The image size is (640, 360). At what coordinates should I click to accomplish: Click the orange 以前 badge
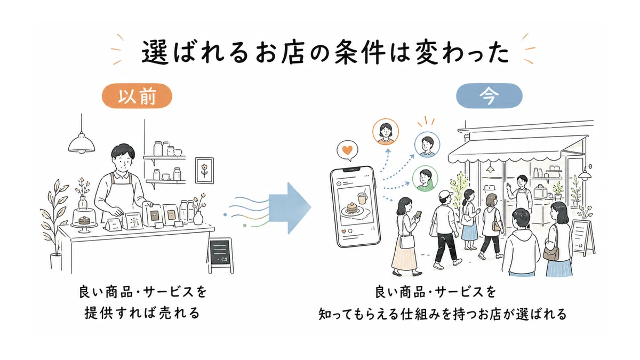coord(137,96)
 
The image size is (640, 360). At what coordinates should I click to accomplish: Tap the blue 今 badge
coord(489,96)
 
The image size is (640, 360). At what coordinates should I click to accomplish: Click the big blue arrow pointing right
coord(290,208)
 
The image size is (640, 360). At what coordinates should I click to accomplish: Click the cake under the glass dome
coord(84,220)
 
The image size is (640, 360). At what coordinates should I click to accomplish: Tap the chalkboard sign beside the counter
coord(220,255)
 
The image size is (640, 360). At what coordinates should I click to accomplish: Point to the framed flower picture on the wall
coord(204,170)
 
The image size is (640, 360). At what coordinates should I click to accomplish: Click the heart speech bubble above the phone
coord(347,150)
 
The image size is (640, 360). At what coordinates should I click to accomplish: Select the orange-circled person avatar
coord(386,132)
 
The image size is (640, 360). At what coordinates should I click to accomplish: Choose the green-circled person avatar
coord(425,179)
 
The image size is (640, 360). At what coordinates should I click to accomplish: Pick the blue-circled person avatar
coord(427,145)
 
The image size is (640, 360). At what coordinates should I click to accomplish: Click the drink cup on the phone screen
coord(362,198)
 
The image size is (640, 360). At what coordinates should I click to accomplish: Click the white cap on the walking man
coord(445,195)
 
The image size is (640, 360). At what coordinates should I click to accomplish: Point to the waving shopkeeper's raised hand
coord(508,188)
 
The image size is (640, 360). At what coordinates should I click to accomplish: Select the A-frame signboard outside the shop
coord(582,238)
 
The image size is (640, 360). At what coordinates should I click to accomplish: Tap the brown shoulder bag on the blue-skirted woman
coord(551,253)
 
